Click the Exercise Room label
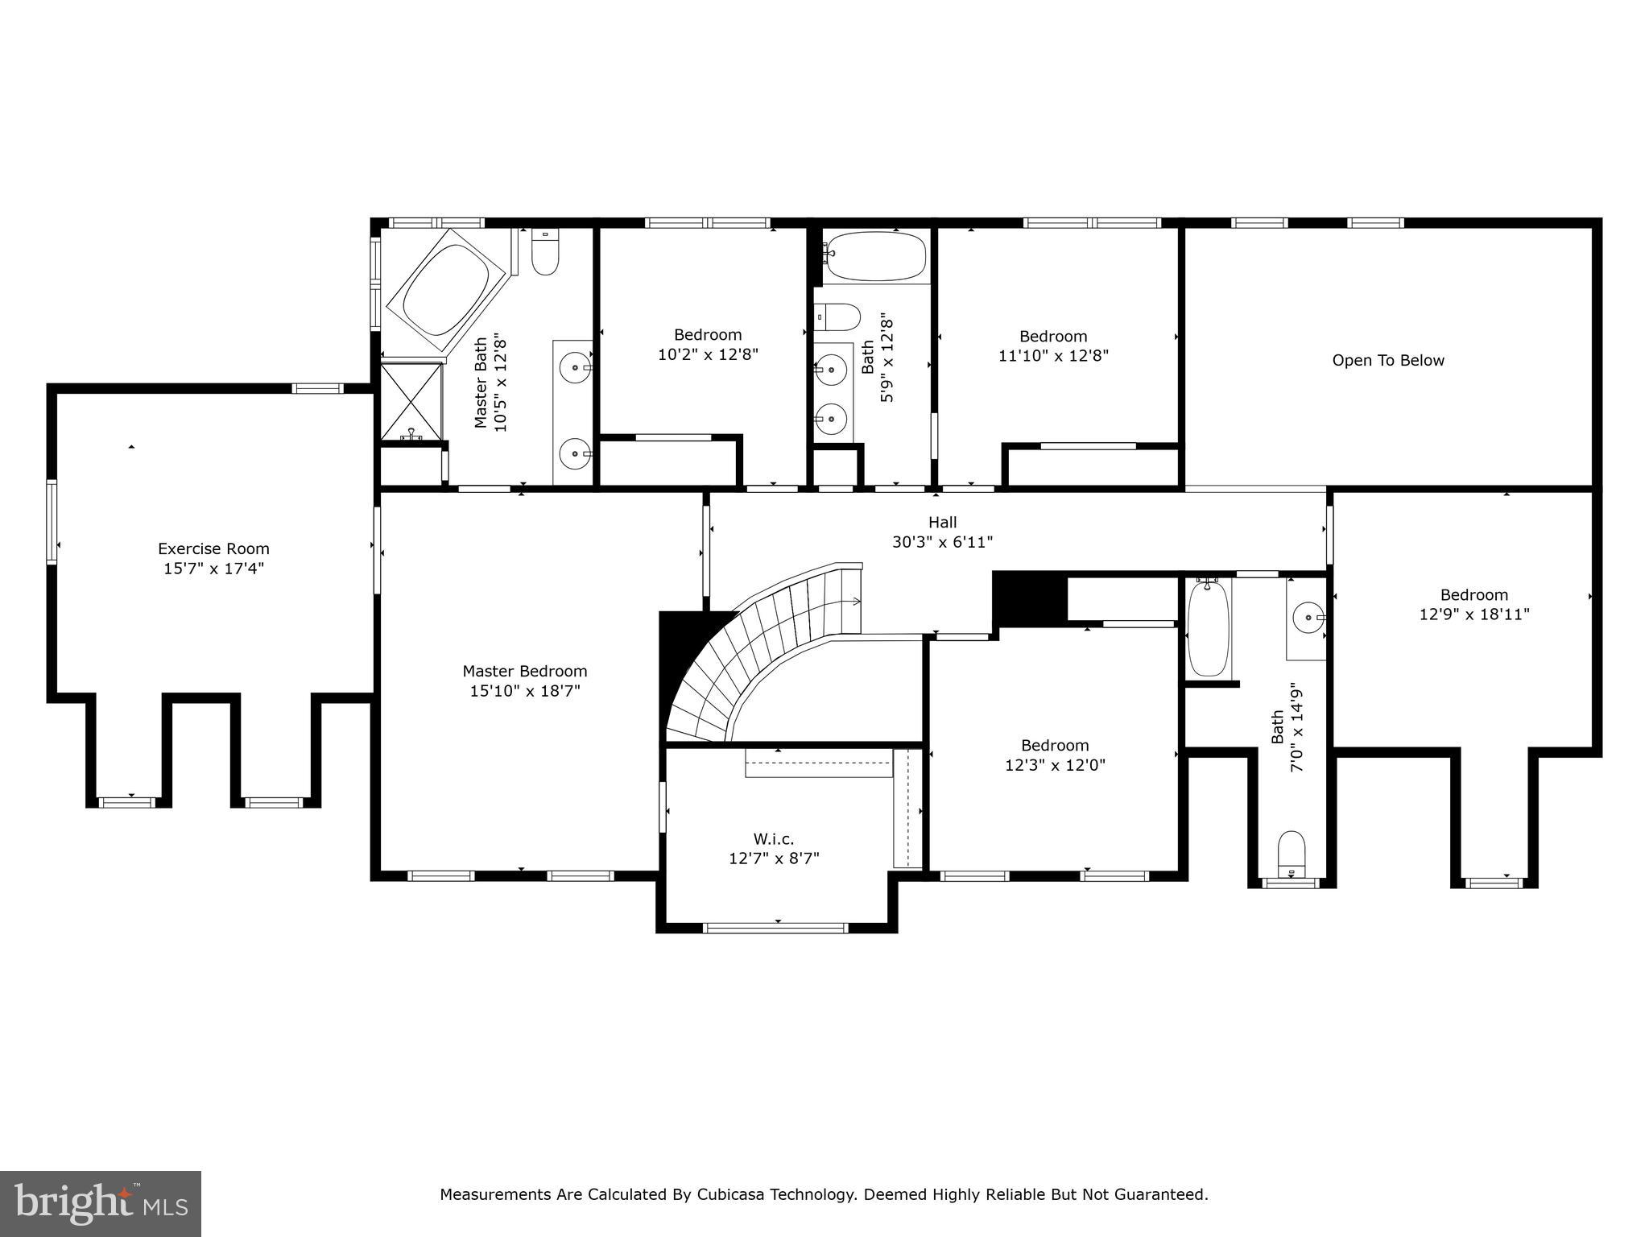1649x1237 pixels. click(213, 549)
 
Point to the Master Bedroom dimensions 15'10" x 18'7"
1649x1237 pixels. click(525, 691)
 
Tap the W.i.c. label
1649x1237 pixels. click(774, 839)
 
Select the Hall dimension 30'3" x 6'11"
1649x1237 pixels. click(942, 543)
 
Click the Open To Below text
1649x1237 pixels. click(1388, 361)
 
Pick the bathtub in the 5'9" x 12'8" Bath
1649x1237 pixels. click(876, 256)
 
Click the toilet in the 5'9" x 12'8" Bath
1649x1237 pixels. click(837, 317)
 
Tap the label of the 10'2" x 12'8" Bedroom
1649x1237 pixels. click(708, 335)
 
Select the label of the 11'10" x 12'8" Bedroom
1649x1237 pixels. click(1053, 337)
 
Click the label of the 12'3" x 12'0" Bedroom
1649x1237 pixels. click(1055, 746)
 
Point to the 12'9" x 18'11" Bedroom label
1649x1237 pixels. click(1473, 595)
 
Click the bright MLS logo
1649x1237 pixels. click(101, 1203)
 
